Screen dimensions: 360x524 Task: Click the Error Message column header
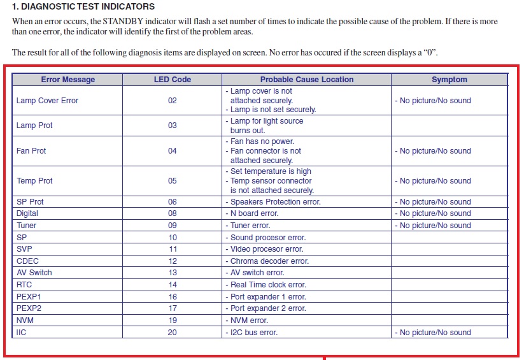67,80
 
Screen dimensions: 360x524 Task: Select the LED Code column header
173,80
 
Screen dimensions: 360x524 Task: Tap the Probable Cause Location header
306,80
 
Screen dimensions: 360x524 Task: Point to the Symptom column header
449,80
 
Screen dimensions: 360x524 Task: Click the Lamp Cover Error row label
47,101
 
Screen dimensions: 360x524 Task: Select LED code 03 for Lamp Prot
173,126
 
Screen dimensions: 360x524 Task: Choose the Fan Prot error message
31,151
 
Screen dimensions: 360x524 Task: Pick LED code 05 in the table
173,181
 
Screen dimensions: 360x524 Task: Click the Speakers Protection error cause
275,202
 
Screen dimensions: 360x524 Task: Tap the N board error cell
254,213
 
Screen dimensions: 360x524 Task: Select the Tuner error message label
27,226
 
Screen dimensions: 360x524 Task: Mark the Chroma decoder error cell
269,261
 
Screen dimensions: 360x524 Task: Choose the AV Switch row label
34,273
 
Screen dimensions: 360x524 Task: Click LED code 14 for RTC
173,285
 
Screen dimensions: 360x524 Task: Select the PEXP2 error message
29,308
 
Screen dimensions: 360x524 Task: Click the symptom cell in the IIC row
435,333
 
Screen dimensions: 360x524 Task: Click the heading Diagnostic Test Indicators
83,7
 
